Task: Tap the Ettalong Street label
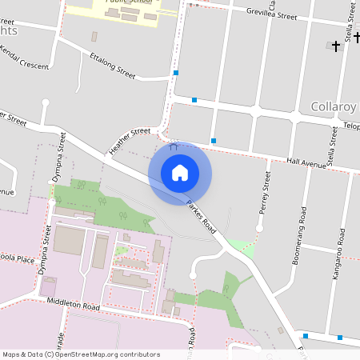[x=114, y=65]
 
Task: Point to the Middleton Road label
[x=73, y=306]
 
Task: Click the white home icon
[x=180, y=172]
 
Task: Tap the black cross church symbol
[x=336, y=46]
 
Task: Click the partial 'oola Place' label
[x=16, y=260]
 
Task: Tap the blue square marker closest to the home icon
[x=213, y=141]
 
